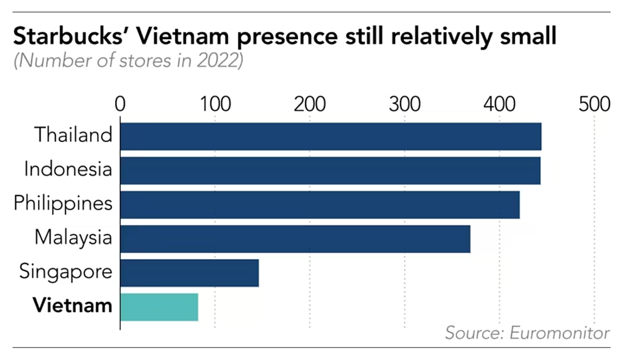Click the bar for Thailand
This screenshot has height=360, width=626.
tap(331, 137)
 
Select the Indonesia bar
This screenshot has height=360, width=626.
tap(330, 171)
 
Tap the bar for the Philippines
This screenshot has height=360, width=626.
tap(320, 205)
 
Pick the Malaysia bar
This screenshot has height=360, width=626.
tap(295, 238)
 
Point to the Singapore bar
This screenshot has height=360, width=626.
tap(189, 273)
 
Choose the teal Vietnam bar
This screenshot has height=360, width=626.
tap(159, 307)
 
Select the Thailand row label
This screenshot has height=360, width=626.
tap(73, 135)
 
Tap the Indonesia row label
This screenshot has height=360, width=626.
tap(68, 170)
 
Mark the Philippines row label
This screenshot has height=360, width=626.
tap(63, 203)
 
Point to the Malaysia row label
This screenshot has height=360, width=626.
tap(73, 237)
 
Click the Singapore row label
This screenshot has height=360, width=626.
tap(65, 272)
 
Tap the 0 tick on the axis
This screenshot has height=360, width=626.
tap(121, 104)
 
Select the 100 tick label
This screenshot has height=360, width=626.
tap(215, 104)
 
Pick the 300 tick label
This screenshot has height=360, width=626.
tap(405, 104)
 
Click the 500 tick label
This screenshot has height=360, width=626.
tap(594, 104)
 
